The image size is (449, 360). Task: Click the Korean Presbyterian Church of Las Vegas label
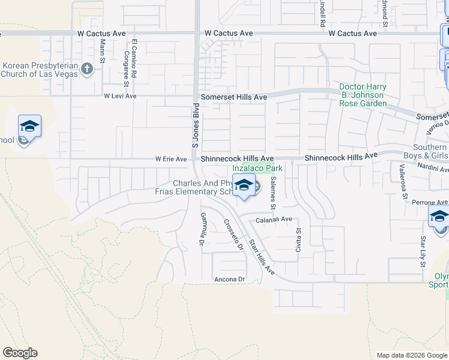tap(40, 70)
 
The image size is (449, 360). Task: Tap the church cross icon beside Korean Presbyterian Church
tap(87, 68)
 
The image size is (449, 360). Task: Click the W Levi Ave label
tap(120, 96)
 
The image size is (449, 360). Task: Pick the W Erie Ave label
tap(171, 159)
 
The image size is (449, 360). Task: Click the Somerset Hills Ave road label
tap(234, 97)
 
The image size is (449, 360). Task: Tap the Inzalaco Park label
tap(258, 169)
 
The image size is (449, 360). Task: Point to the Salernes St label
tap(273, 193)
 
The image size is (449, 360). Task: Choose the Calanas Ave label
tap(274, 220)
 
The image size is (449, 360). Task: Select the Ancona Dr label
tap(230, 280)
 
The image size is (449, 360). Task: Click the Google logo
tap(20, 353)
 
